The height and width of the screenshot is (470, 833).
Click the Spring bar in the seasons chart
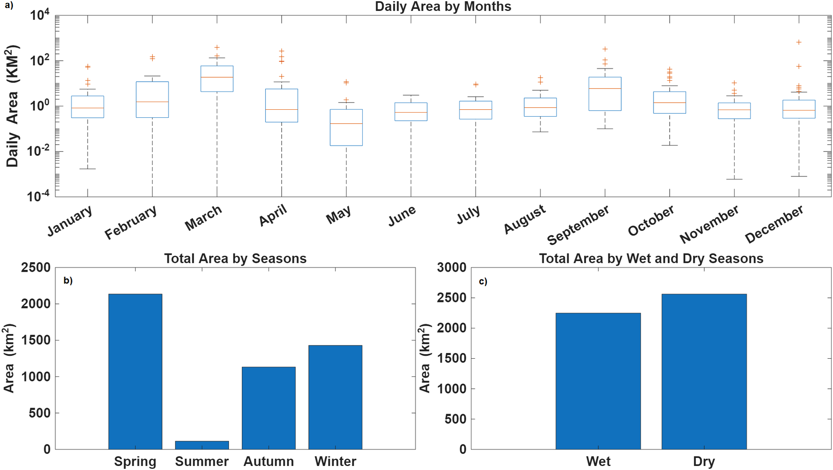135,371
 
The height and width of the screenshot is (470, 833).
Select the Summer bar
202,445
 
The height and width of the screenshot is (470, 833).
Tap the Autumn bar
269,408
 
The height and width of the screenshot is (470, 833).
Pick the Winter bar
335,397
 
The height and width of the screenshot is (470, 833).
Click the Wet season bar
598,381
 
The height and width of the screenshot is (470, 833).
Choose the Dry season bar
704,372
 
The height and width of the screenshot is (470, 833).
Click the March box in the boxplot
217,79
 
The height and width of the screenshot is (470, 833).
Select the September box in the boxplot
605,94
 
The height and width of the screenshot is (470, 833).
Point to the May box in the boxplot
346,127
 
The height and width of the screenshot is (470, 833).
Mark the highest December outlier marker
799,42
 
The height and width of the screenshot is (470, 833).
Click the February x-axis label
130,222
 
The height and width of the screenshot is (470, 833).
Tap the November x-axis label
709,224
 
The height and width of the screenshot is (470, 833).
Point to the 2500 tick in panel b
36,268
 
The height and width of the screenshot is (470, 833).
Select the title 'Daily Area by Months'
443,6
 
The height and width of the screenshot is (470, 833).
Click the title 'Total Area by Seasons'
235,258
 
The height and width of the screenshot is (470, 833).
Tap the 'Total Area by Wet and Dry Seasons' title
651,258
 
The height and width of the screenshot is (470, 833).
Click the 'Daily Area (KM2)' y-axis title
12,106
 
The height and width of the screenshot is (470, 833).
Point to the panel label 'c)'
483,281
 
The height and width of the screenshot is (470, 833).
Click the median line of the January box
88,108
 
